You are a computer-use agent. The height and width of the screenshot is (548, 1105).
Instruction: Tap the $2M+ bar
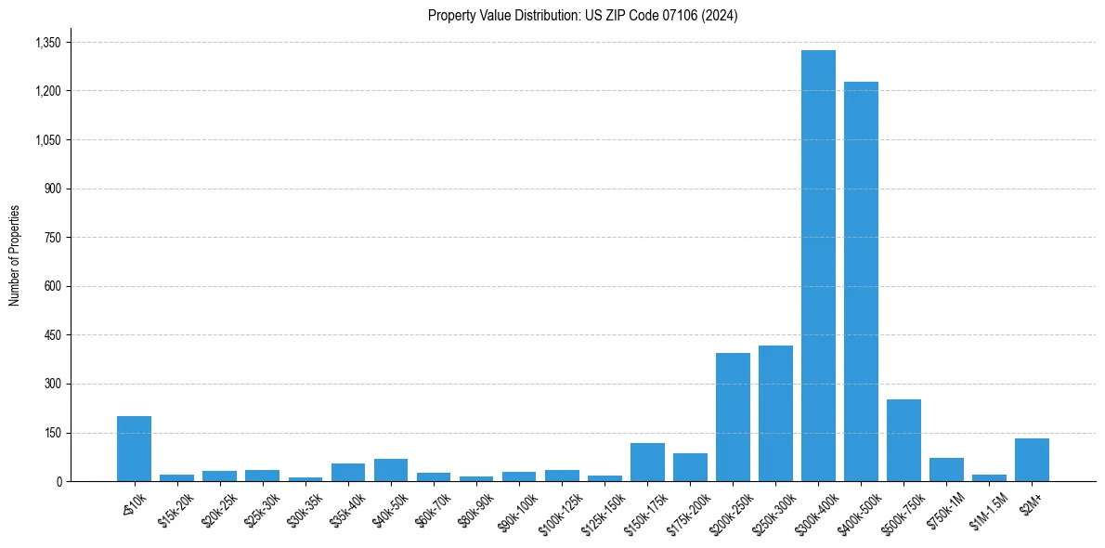pyautogui.click(x=1032, y=460)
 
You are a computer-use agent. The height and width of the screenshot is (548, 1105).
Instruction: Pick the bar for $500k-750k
pyautogui.click(x=903, y=440)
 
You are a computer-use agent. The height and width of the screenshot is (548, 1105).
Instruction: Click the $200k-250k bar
pyautogui.click(x=733, y=417)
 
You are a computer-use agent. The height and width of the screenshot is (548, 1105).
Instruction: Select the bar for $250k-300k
pyautogui.click(x=775, y=413)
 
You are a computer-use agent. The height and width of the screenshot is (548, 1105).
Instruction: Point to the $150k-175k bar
pyautogui.click(x=647, y=462)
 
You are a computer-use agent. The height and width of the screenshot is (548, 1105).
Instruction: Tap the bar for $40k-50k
pyautogui.click(x=391, y=470)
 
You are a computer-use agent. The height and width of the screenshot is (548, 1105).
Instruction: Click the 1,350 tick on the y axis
pyautogui.click(x=47, y=43)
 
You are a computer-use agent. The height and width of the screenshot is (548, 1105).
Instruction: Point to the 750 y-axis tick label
pyautogui.click(x=52, y=238)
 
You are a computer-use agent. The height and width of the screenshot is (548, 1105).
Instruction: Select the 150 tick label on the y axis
pyautogui.click(x=52, y=433)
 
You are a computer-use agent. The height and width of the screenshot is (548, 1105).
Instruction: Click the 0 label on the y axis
pyautogui.click(x=58, y=481)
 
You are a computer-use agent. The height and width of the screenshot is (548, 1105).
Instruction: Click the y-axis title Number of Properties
pyautogui.click(x=14, y=254)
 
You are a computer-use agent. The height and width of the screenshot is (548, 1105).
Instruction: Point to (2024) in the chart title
pyautogui.click(x=721, y=16)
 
